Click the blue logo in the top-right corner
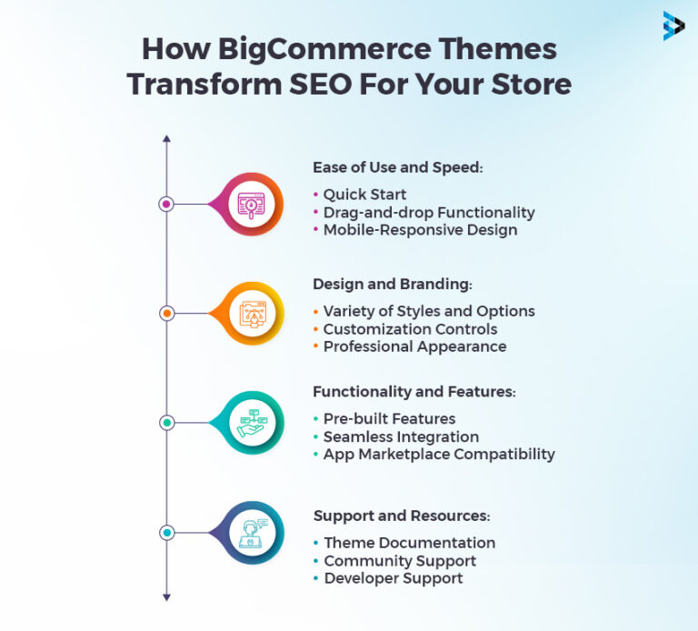coord(673,25)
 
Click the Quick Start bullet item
coord(364,195)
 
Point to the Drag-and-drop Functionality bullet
coord(428,213)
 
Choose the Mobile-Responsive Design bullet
coord(420,230)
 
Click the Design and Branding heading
coord(393,284)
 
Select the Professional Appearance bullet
coord(414,346)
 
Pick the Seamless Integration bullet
coord(401,436)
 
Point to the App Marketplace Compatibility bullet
coord(438,454)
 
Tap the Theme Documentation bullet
coord(409,543)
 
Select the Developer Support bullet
coord(393,578)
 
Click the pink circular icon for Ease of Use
coord(249,204)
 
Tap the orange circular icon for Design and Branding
coord(249,313)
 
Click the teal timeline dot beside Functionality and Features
coord(166,423)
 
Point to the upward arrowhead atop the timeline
coord(166,140)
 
